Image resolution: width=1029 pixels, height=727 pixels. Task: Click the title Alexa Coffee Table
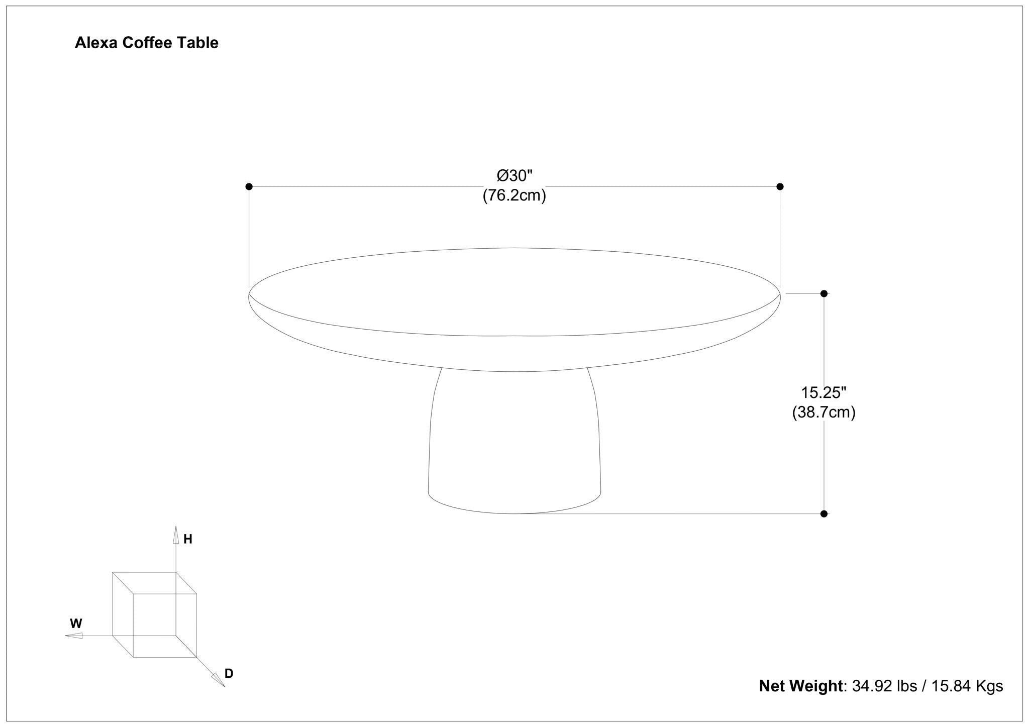point(146,43)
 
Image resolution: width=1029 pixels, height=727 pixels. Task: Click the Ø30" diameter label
point(514,176)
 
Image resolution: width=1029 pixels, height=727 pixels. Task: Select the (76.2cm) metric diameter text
point(514,195)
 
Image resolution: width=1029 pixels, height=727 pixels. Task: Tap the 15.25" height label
point(824,392)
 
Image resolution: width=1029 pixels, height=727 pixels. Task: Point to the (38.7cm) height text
point(824,412)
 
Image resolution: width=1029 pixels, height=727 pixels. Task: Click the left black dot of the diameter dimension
point(249,186)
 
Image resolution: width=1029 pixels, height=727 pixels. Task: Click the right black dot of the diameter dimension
point(780,186)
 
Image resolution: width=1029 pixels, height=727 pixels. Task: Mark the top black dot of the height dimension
point(824,293)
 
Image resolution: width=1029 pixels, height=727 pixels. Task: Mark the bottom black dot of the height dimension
point(824,513)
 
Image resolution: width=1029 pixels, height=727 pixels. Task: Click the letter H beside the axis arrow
point(188,540)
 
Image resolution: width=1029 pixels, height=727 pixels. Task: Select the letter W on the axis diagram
point(76,624)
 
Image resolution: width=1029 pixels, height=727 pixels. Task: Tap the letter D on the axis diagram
point(229,674)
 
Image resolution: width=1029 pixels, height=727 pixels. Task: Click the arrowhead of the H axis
point(176,535)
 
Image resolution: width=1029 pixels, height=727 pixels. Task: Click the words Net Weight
point(800,686)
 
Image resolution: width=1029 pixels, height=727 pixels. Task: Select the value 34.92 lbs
point(884,686)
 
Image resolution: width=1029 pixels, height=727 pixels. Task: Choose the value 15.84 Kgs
point(967,686)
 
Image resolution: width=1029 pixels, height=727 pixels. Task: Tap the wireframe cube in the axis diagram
point(154,614)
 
